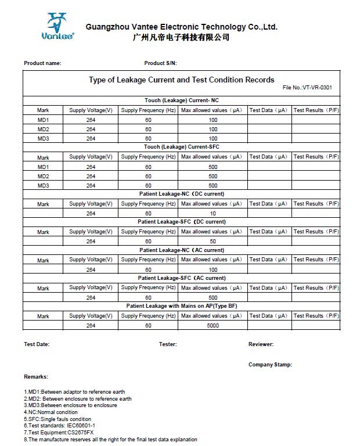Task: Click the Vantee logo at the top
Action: click(x=57, y=27)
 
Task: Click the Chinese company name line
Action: click(x=181, y=38)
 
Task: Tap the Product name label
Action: click(x=42, y=63)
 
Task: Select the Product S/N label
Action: click(x=160, y=63)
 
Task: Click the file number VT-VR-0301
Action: click(x=307, y=88)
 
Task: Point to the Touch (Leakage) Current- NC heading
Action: click(x=181, y=100)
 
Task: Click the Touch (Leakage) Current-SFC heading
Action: click(x=181, y=147)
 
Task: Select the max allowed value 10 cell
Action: click(x=213, y=213)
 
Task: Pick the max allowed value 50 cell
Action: click(x=213, y=242)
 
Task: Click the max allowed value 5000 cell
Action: click(x=213, y=326)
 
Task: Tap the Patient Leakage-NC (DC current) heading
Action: click(x=181, y=194)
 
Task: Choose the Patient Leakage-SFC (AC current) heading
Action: click(x=181, y=278)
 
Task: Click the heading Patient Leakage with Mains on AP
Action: click(x=181, y=306)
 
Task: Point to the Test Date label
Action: click(x=37, y=344)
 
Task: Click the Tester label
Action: click(x=168, y=344)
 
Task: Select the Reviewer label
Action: click(x=261, y=344)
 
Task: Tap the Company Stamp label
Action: click(x=270, y=365)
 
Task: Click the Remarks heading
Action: click(x=36, y=377)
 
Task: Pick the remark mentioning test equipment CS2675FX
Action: click(x=59, y=433)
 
